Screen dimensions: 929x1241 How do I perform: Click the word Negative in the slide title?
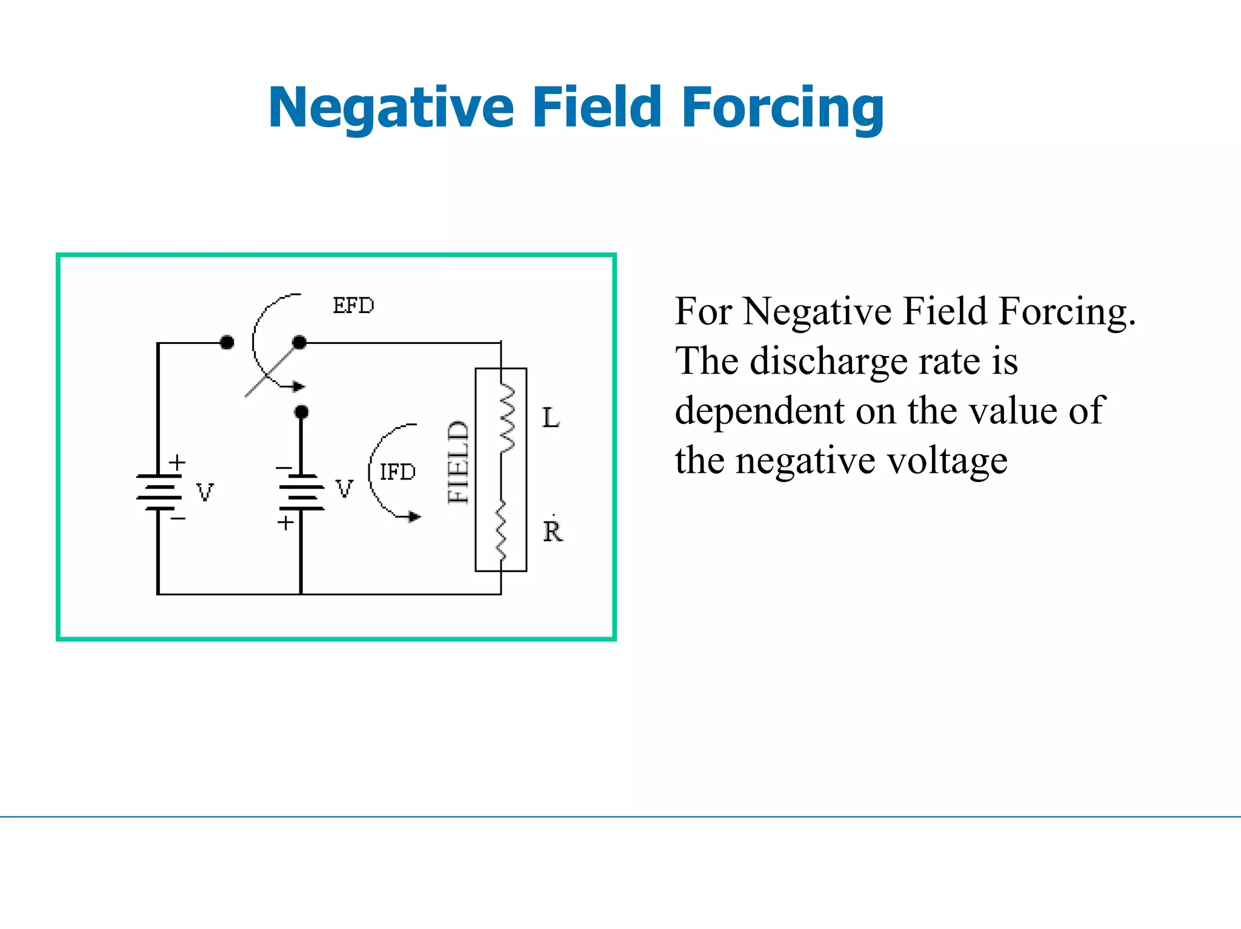(391, 108)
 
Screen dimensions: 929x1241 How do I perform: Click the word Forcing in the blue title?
(782, 108)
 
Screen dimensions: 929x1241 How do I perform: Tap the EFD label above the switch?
(353, 306)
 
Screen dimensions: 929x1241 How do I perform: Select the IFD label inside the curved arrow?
(398, 472)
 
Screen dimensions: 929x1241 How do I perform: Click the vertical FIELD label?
(459, 462)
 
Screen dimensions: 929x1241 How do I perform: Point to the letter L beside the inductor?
(551, 418)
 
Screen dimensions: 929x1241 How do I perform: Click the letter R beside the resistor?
(553, 532)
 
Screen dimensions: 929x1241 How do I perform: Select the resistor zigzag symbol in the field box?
(502, 530)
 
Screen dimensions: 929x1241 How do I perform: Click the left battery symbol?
(159, 492)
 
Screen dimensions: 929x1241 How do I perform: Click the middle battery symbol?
(301, 492)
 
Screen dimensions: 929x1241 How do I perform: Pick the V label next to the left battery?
(205, 492)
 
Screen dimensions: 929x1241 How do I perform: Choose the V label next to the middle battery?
(344, 488)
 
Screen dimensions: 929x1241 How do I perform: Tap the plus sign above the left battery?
(177, 463)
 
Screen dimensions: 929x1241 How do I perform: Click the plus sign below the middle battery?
(285, 523)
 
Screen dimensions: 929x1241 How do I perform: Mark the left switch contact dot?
(227, 343)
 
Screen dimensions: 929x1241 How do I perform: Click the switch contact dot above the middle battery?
(301, 412)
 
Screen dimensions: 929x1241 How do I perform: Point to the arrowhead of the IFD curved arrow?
(414, 517)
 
